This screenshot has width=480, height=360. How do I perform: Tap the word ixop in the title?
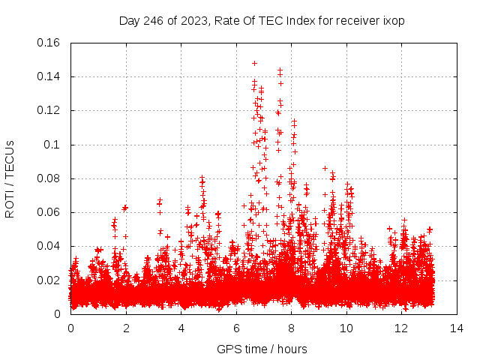coord(393,21)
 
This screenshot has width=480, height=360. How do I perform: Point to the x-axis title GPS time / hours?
coord(262,349)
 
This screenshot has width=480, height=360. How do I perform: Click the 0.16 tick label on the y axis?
coord(49,43)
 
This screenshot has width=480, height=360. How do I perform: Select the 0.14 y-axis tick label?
coord(49,76)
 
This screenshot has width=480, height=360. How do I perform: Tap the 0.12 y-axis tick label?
coord(49,110)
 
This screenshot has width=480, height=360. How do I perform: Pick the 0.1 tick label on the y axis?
coord(53,145)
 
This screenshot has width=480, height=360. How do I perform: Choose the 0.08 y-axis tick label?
coord(49,178)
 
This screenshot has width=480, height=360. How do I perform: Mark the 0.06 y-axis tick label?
coord(49,212)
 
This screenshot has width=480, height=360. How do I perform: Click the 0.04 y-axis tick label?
coord(49,246)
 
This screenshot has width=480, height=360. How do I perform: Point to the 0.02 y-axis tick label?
coord(49,280)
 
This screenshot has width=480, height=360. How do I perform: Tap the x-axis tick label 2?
coord(126,328)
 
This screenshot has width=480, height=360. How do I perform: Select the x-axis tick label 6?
coord(236,328)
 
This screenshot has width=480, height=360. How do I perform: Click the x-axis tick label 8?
coord(291,328)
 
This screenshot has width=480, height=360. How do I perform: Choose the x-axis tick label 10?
coord(346,328)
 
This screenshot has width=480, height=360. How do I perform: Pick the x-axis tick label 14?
coord(456,328)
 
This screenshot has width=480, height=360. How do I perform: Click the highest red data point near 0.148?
coord(254,63)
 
